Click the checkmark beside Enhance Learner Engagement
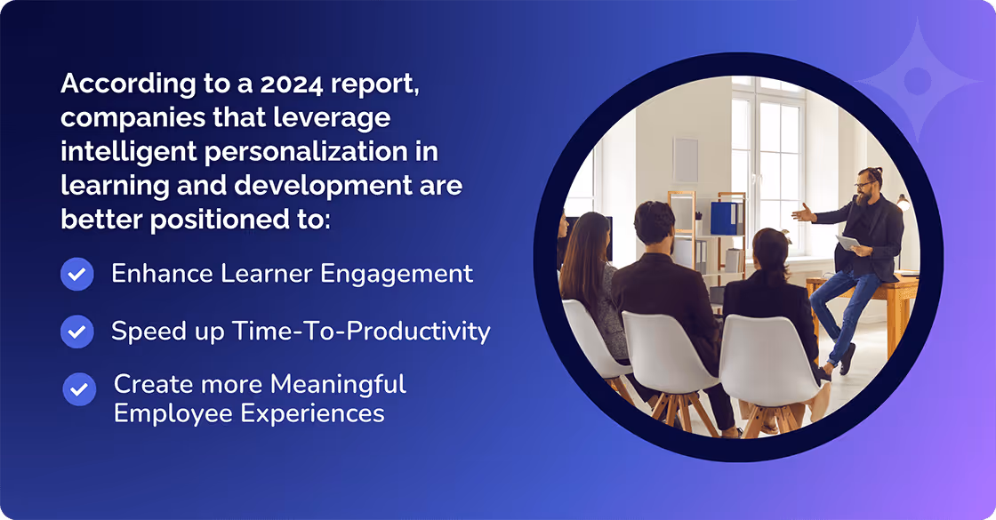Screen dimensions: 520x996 click(77, 275)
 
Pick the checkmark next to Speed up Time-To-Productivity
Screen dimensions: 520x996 click(77, 332)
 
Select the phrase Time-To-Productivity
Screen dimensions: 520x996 click(361, 331)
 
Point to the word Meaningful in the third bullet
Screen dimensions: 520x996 click(338, 384)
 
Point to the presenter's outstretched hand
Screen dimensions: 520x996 click(803, 213)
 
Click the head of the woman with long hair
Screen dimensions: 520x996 click(582, 236)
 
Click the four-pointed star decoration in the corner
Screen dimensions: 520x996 click(918, 80)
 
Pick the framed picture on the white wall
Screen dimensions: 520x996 click(686, 160)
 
